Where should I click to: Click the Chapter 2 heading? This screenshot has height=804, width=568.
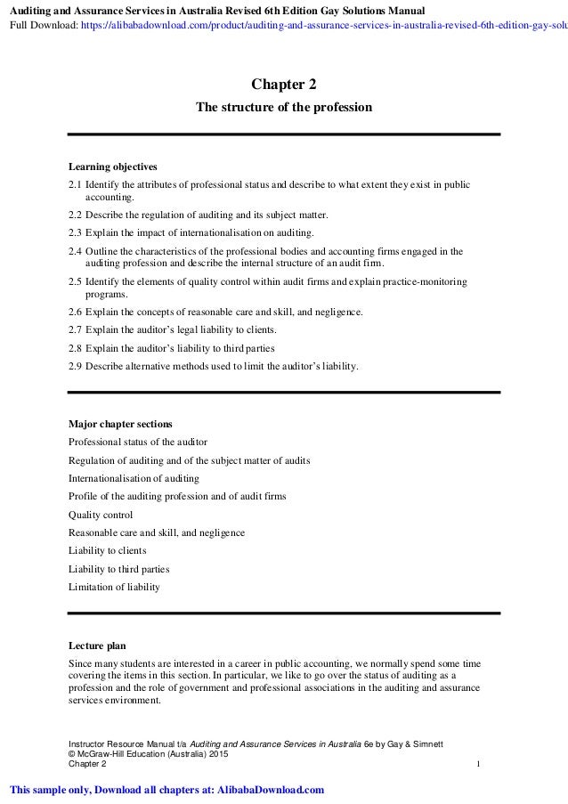283,85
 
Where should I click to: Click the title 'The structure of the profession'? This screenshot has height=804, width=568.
283,108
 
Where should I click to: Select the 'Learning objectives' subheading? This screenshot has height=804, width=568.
113,166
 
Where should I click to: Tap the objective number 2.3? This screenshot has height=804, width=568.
76,232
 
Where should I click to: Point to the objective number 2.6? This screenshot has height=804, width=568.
76,312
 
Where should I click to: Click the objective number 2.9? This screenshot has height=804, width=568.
76,365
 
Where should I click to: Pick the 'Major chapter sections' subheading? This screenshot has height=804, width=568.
121,423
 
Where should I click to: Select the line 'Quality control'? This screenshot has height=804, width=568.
101,515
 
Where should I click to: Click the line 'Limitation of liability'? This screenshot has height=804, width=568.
115,587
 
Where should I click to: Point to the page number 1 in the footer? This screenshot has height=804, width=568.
479,764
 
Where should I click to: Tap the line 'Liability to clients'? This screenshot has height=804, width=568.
107,551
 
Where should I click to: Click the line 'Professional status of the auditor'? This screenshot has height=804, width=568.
138,442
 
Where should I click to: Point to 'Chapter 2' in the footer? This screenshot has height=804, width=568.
87,764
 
